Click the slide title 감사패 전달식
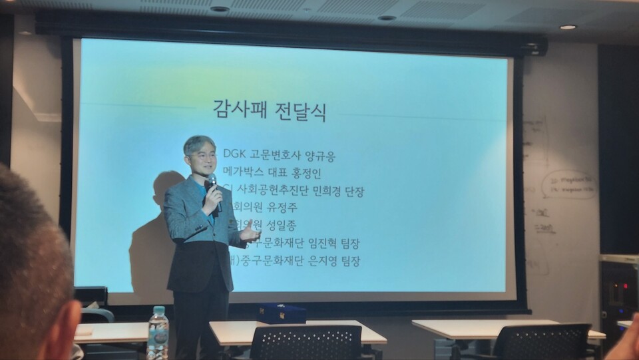pyautogui.click(x=270, y=109)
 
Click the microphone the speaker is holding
pyautogui.click(x=212, y=184)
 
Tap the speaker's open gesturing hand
pyautogui.click(x=250, y=232)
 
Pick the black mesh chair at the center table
pyautogui.click(x=306, y=343)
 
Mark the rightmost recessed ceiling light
pyautogui.click(x=568, y=27)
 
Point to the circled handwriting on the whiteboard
pyautogui.click(x=568, y=185)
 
